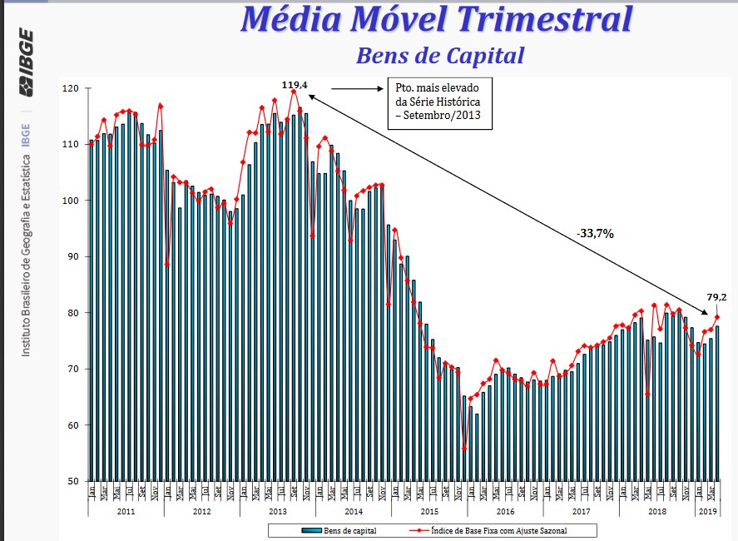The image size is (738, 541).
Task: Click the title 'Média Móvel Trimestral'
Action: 436,19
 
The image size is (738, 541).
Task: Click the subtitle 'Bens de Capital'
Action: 440,56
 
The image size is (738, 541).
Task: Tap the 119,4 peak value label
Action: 295,85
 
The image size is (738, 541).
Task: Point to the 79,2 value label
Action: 717,296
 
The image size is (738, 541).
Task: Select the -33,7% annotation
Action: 595,234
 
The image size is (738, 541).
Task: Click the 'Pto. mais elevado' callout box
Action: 438,104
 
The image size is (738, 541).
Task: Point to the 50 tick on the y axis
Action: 72,481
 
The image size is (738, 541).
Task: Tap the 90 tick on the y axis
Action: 72,256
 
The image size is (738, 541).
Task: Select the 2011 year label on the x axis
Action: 126,510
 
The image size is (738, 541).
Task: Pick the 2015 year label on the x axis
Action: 429,510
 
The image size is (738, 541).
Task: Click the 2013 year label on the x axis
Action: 277,510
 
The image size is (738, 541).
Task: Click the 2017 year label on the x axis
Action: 581,510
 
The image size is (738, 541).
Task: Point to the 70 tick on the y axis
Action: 72,369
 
